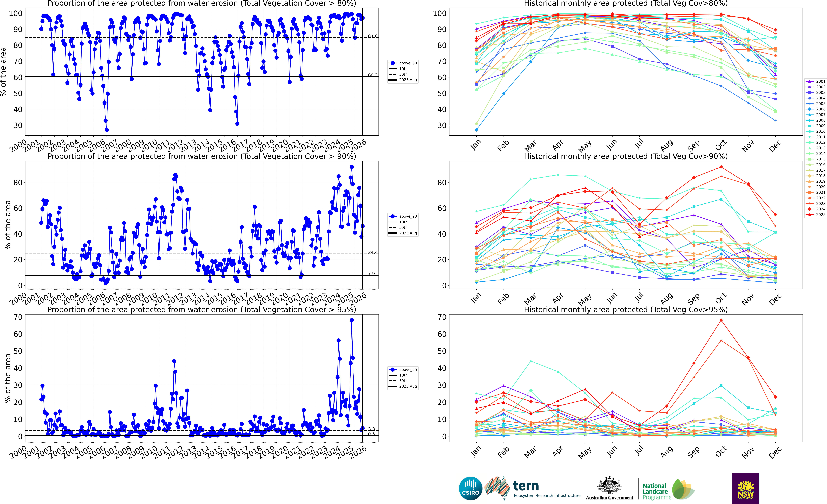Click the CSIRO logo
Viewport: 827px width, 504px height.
point(471,488)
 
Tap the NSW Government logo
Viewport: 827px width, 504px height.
point(745,488)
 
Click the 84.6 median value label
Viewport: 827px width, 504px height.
point(373,36)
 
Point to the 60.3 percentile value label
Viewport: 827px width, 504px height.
point(373,75)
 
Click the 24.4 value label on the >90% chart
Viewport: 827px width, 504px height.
point(373,252)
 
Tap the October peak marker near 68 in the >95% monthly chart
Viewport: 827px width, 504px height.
point(721,320)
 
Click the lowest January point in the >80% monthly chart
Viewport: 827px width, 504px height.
point(476,130)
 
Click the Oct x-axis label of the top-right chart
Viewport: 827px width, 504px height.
point(721,145)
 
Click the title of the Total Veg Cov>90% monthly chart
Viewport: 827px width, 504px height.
point(626,156)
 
